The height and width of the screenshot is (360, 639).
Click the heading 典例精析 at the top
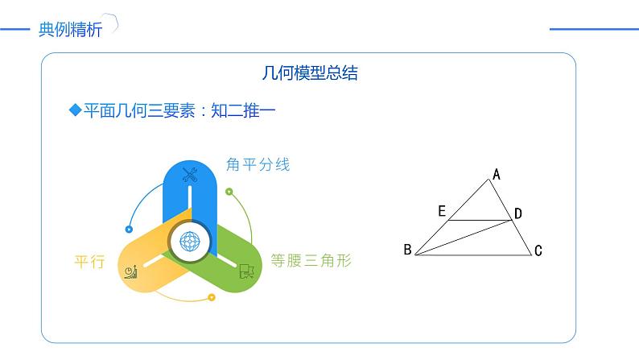click(71, 31)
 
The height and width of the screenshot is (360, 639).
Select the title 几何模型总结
click(310, 73)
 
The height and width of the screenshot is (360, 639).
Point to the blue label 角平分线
click(258, 165)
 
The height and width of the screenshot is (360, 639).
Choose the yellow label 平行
click(89, 261)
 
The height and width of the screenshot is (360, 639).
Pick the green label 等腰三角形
click(311, 261)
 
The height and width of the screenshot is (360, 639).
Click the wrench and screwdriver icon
click(190, 174)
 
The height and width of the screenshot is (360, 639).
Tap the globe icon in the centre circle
click(190, 239)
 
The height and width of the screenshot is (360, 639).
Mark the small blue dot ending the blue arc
click(129, 227)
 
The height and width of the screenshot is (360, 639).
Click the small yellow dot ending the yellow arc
click(211, 297)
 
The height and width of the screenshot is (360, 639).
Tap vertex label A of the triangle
click(497, 173)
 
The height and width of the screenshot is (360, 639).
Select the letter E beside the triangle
click(442, 211)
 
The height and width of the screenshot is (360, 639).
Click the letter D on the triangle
click(518, 213)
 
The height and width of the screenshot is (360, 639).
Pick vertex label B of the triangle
click(407, 250)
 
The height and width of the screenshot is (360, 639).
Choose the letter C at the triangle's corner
click(538, 251)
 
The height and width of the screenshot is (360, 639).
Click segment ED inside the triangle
click(479, 220)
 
